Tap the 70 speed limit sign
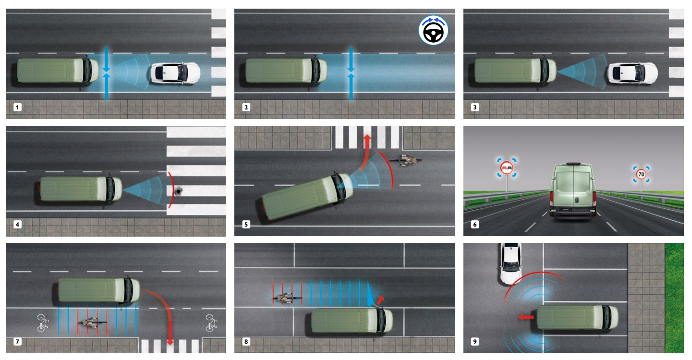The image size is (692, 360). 641,174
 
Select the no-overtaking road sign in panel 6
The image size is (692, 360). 507,168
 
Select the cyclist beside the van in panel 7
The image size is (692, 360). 89,322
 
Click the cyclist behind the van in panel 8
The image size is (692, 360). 284,298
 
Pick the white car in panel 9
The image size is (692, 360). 510,264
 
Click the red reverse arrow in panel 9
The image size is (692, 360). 526,317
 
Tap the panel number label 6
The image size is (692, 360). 475,224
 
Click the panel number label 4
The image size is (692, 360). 17,224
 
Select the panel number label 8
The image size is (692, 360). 246,342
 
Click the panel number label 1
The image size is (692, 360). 17,107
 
